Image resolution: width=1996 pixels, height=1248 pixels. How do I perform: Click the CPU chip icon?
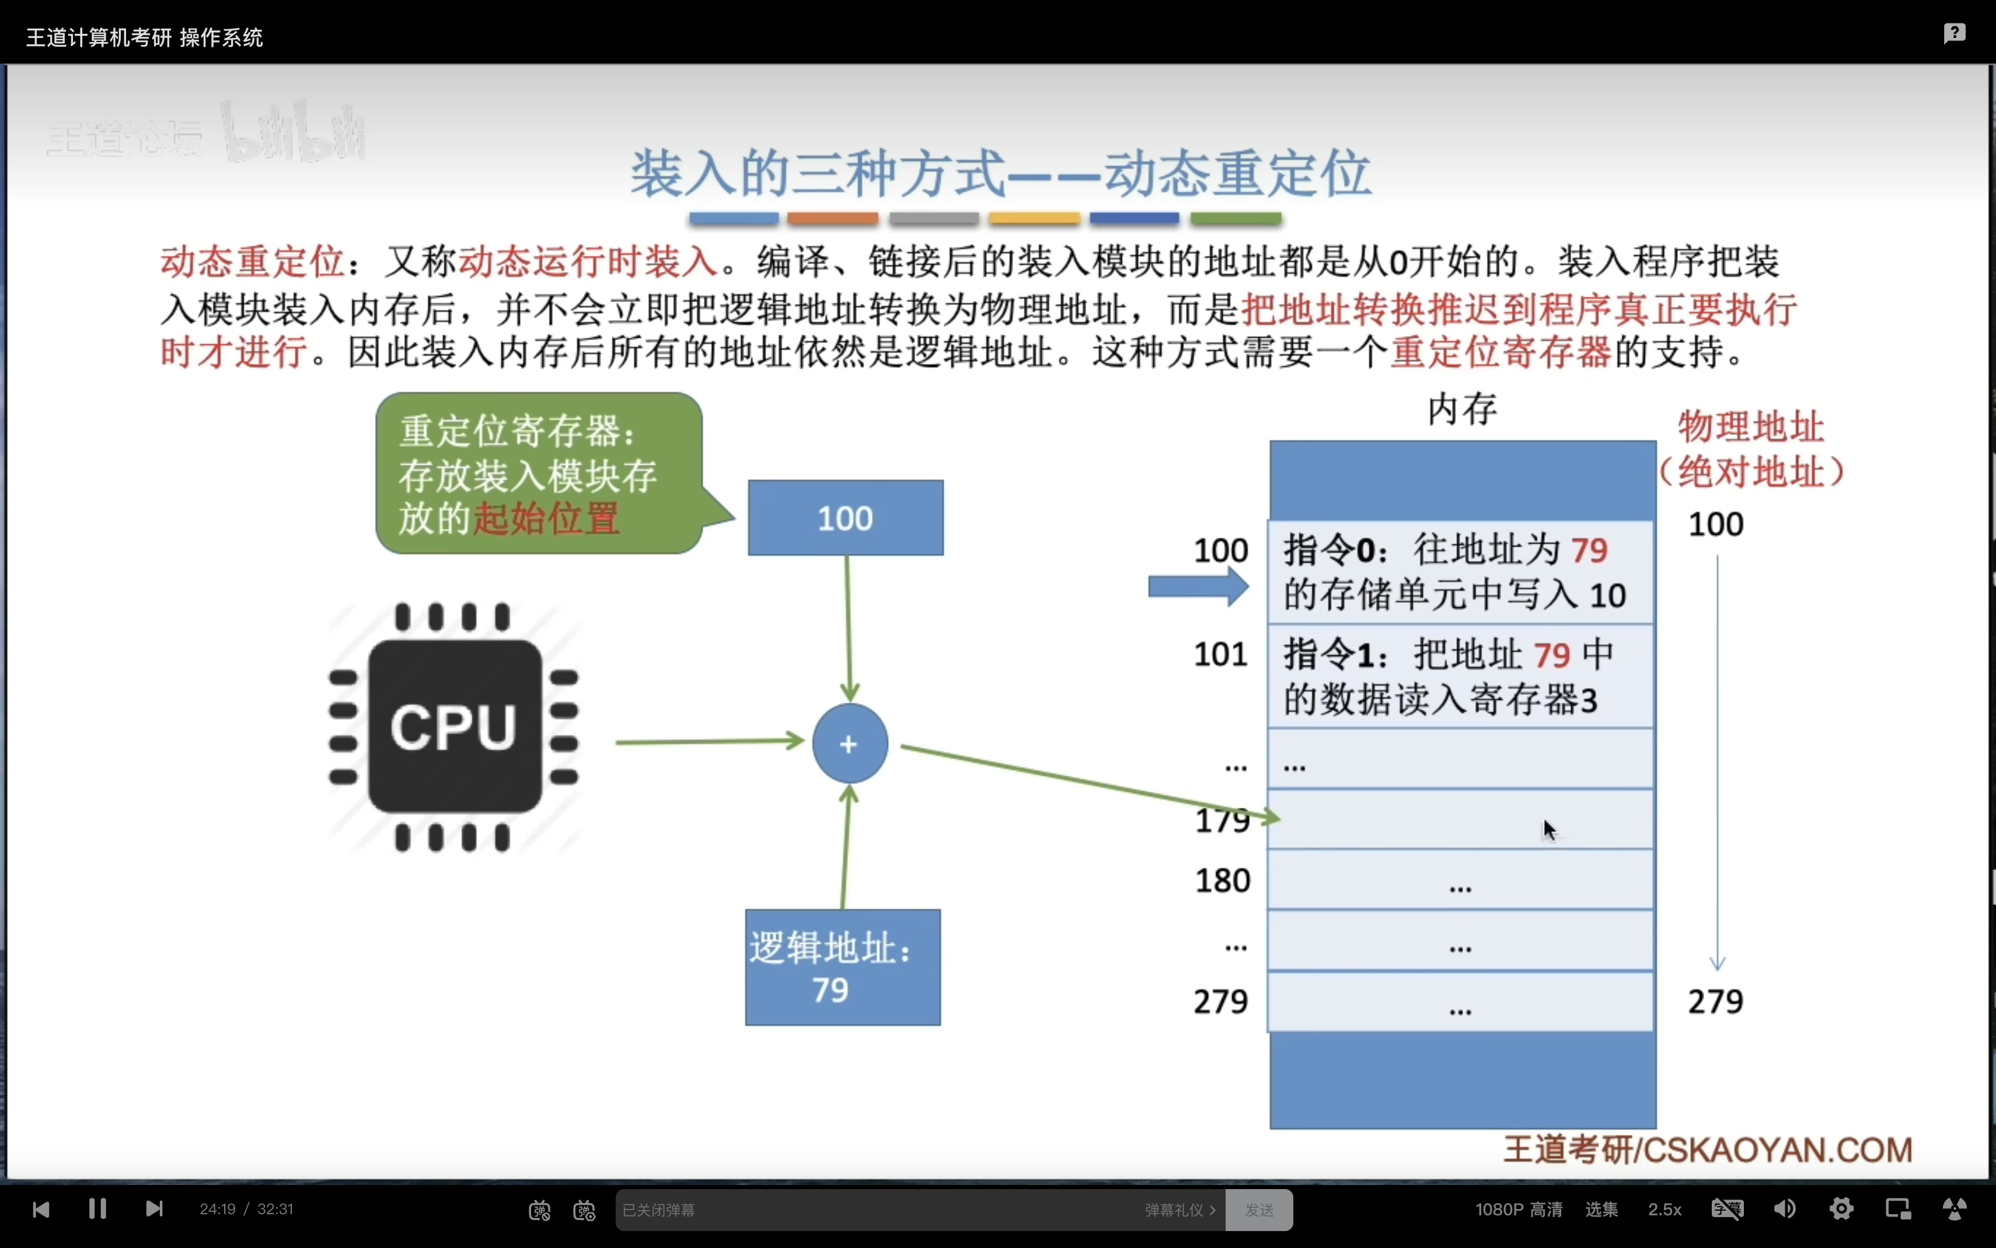(453, 727)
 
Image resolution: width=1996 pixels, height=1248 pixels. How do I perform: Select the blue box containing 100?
(845, 517)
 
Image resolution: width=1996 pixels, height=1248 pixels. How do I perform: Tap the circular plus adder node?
(849, 744)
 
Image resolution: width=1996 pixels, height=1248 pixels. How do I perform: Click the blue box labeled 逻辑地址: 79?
(842, 967)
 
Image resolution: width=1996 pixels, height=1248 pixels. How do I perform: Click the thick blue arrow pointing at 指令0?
(1198, 588)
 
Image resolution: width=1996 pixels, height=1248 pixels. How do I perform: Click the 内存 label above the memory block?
(1462, 409)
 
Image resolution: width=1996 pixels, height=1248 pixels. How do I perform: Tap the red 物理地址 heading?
(1751, 427)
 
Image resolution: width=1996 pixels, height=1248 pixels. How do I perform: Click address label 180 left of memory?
(1222, 881)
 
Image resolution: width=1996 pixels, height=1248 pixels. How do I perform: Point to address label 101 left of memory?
(1220, 654)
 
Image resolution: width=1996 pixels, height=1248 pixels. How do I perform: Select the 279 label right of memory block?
(1715, 1001)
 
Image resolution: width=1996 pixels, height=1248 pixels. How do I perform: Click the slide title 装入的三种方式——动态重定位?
(1001, 174)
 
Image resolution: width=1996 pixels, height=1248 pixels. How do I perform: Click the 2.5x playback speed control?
(1664, 1209)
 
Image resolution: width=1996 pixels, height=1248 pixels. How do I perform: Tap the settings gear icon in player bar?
(1841, 1209)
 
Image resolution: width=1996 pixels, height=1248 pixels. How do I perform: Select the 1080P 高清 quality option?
(1519, 1209)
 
